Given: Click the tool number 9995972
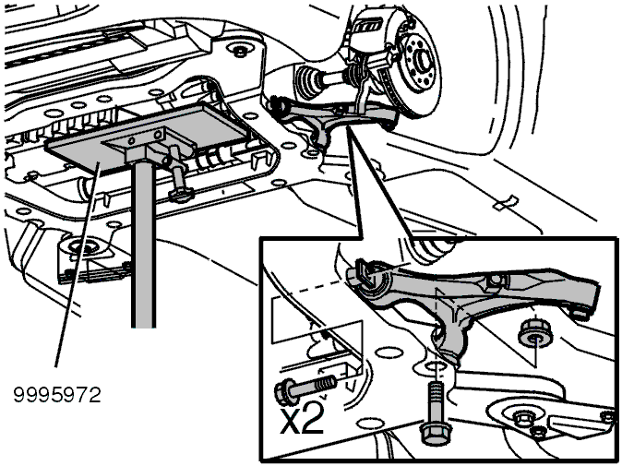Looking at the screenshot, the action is tap(57, 395).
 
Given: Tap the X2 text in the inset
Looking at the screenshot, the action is tap(302, 419).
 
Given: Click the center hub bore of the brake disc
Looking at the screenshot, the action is tap(422, 59).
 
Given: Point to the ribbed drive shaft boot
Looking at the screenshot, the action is tap(310, 79).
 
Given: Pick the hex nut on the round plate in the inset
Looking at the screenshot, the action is tap(520, 418).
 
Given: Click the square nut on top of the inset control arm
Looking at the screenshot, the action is tap(495, 281).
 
